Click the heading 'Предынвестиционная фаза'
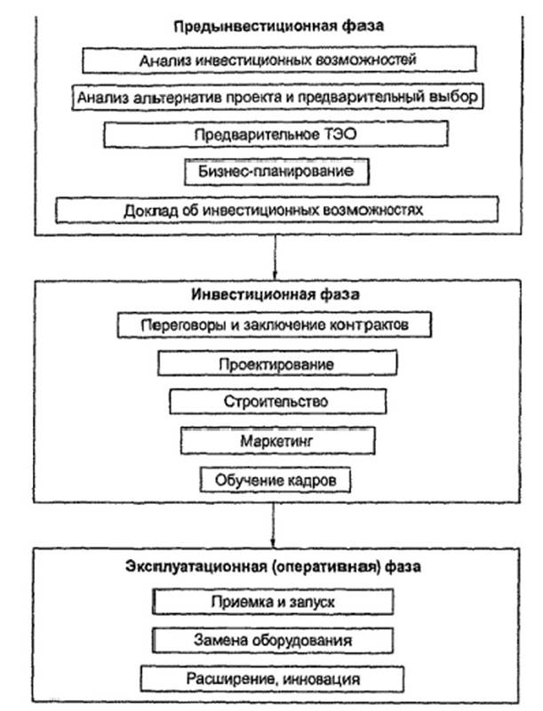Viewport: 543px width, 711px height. click(x=279, y=26)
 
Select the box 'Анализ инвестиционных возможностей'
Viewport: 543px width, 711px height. click(x=279, y=60)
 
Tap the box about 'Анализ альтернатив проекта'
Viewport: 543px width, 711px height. click(x=277, y=97)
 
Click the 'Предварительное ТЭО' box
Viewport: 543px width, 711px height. click(x=276, y=134)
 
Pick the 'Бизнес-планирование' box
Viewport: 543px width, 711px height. click(x=276, y=172)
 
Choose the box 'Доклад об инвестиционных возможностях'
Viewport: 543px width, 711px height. click(x=277, y=210)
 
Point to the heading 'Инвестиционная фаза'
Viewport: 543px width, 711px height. click(x=275, y=294)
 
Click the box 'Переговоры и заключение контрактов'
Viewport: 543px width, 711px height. click(x=275, y=324)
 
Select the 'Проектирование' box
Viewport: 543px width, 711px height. click(x=277, y=363)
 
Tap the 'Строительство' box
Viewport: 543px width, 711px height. click(x=278, y=401)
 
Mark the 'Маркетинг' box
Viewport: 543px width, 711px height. click(x=278, y=440)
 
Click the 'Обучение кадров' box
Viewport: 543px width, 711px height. click(x=275, y=480)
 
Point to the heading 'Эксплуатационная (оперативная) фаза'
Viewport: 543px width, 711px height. click(x=274, y=566)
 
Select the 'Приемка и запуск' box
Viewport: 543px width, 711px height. click(x=273, y=602)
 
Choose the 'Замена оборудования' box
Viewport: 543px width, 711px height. click(x=273, y=640)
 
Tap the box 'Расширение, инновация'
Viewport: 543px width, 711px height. click(x=272, y=679)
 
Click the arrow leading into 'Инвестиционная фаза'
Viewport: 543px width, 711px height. click(x=275, y=258)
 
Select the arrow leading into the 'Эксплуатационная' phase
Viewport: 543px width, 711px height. click(x=274, y=525)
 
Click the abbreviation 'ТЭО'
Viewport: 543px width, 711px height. click(x=340, y=134)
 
